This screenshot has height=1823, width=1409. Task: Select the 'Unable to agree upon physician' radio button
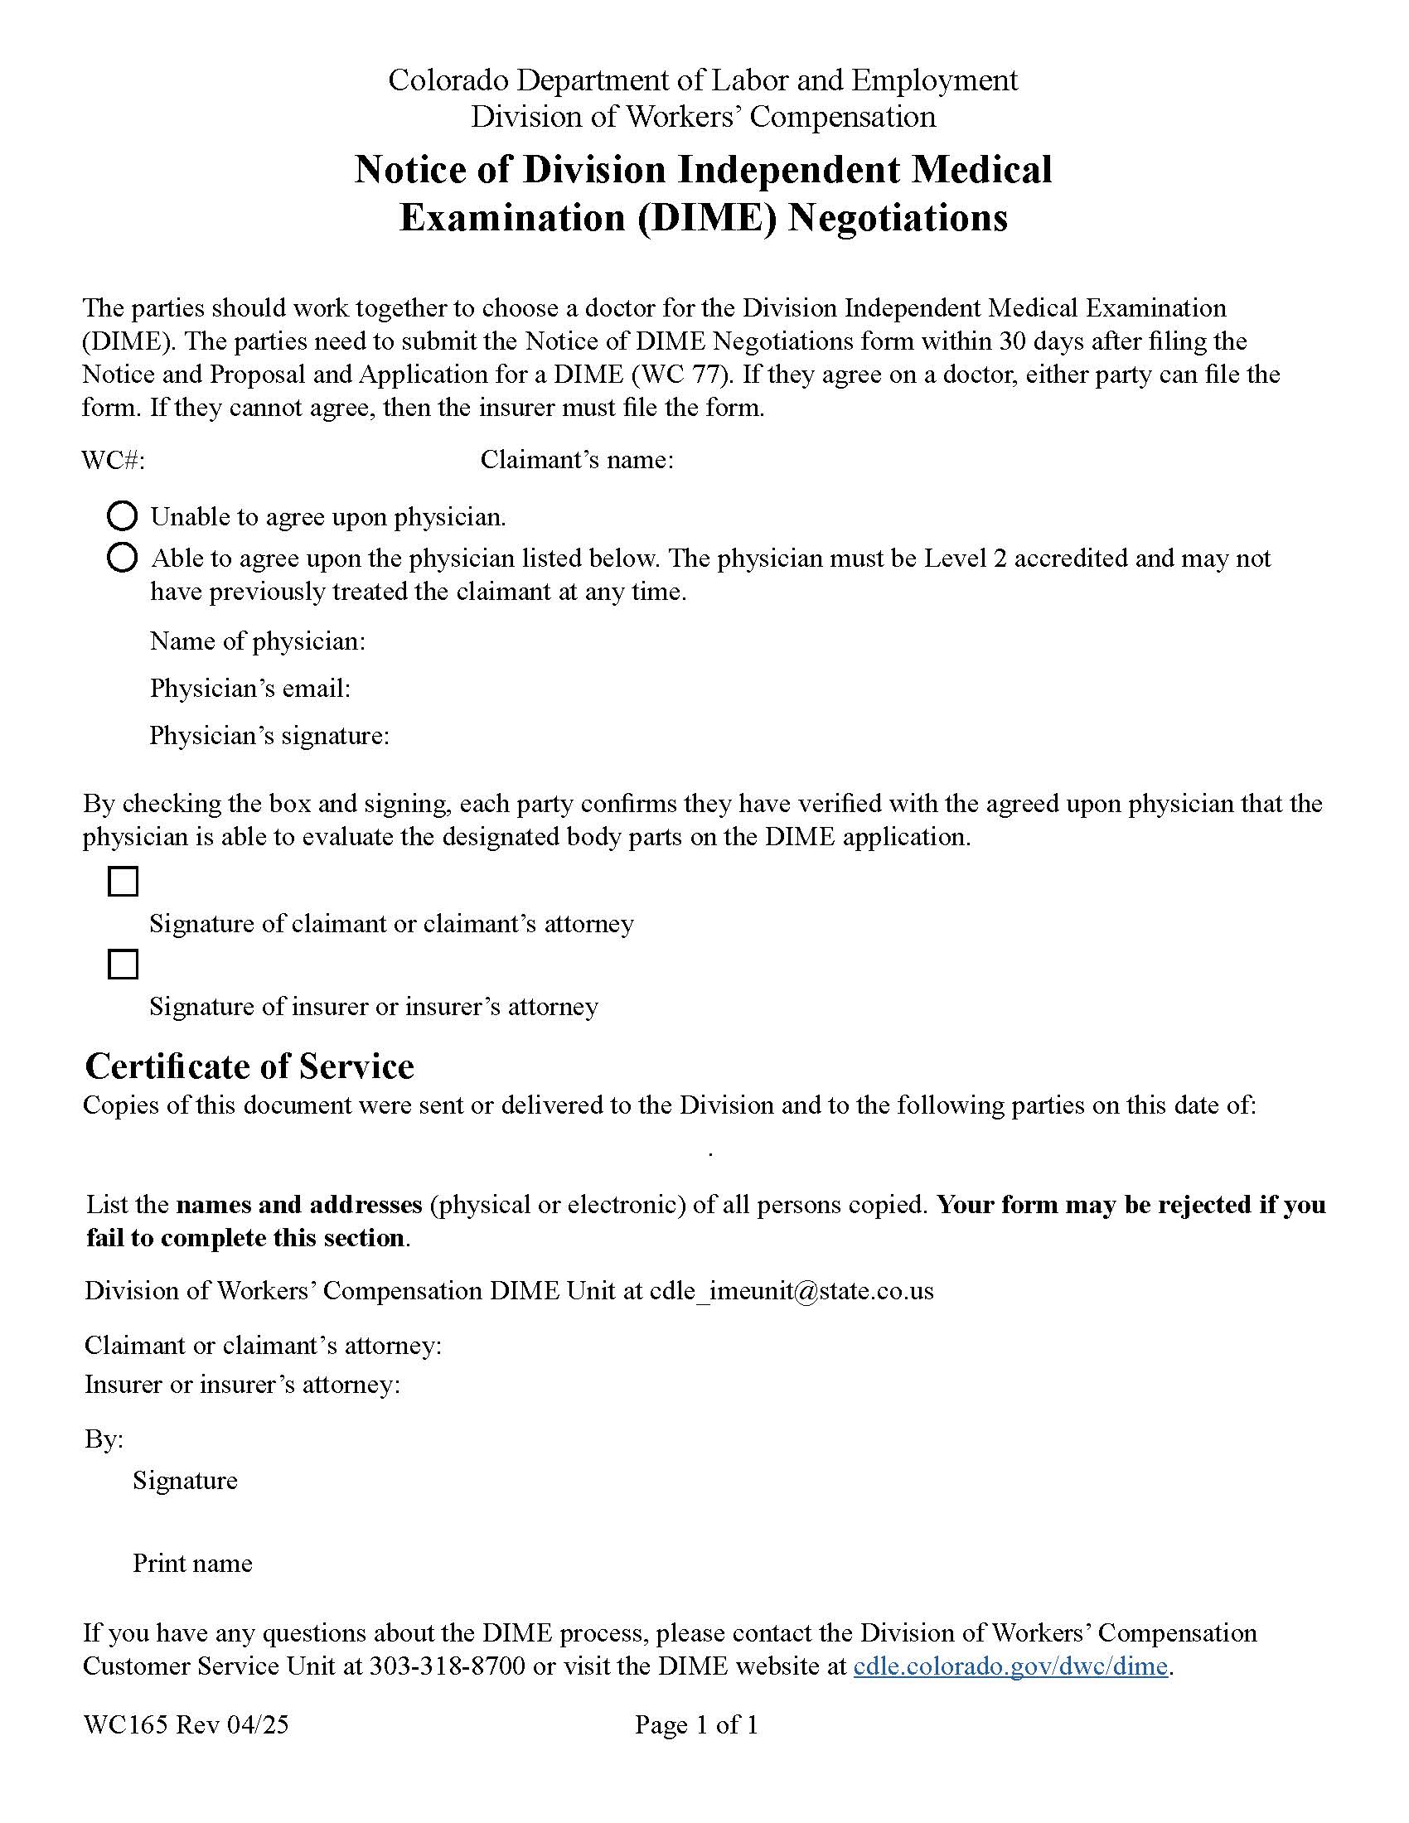122,517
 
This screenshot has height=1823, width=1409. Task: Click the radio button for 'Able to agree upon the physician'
122,558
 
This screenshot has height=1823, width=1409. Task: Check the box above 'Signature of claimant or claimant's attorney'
123,882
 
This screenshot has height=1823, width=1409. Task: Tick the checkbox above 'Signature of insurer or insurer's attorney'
123,964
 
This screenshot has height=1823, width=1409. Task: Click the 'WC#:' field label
113,460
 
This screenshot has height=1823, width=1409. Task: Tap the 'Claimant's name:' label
576,460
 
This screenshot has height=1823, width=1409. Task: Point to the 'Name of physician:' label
257,641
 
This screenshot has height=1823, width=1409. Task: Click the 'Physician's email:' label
249,689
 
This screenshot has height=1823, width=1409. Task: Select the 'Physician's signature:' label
269,735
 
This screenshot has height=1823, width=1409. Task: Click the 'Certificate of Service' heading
249,1066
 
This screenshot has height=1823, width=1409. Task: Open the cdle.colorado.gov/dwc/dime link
1010,1666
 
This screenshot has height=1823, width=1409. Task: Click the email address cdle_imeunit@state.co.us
792,1291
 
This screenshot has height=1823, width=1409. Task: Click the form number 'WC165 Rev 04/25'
186,1724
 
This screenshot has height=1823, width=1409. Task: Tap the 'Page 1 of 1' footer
696,1724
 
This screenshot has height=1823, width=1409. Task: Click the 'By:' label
104,1440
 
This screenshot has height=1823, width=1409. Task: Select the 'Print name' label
192,1564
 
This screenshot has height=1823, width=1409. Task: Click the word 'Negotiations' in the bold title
898,217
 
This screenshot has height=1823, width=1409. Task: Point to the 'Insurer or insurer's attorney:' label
242,1385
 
